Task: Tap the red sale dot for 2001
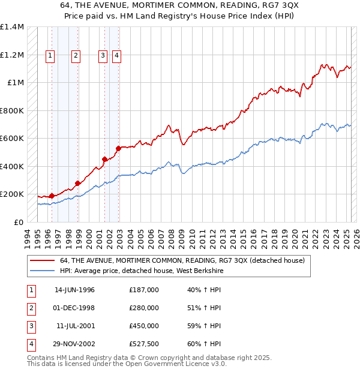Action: tap(105, 159)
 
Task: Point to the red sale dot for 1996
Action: tap(52, 196)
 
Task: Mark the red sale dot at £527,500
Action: tap(119, 148)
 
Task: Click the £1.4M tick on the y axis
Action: tap(12, 27)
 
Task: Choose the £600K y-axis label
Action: tap(12, 139)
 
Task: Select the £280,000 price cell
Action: tap(144, 308)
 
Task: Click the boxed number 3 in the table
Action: tap(30, 326)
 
